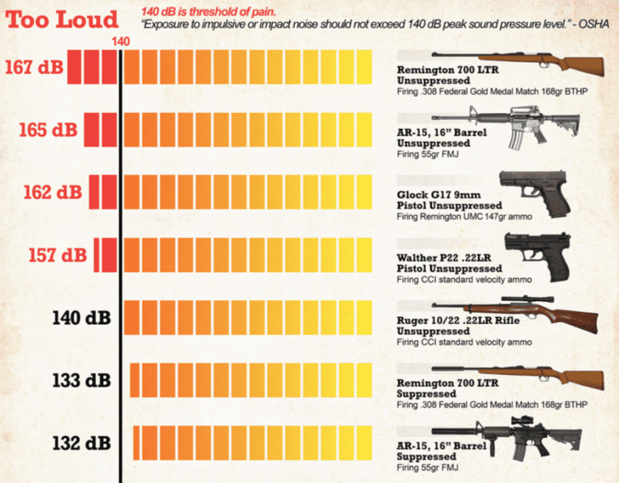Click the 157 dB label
pos(58,255)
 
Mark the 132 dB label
pos(83,443)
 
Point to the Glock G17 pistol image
pos(537,193)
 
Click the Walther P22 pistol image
pos(535,255)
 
